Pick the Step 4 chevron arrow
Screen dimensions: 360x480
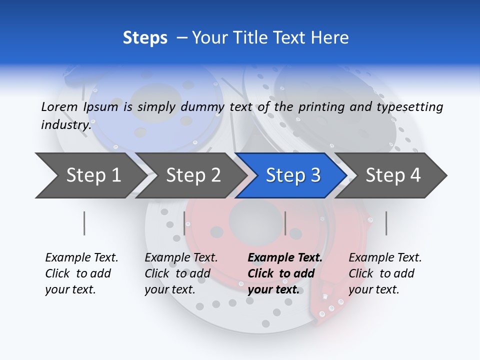pos(393,175)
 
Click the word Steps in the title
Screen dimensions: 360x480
pos(145,37)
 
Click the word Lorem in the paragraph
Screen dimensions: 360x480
pos(59,106)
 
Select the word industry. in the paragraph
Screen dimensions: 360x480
pos(66,124)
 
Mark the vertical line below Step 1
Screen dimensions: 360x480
pos(84,223)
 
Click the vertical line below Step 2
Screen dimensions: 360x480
pos(184,223)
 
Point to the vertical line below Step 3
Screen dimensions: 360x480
pos(285,223)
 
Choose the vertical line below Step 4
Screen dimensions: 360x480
pos(386,223)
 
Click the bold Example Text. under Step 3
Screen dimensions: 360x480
pos(285,258)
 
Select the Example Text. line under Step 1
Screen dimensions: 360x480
pos(81,258)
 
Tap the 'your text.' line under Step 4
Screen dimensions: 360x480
pos(373,289)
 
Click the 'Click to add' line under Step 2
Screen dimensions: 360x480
pos(177,273)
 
